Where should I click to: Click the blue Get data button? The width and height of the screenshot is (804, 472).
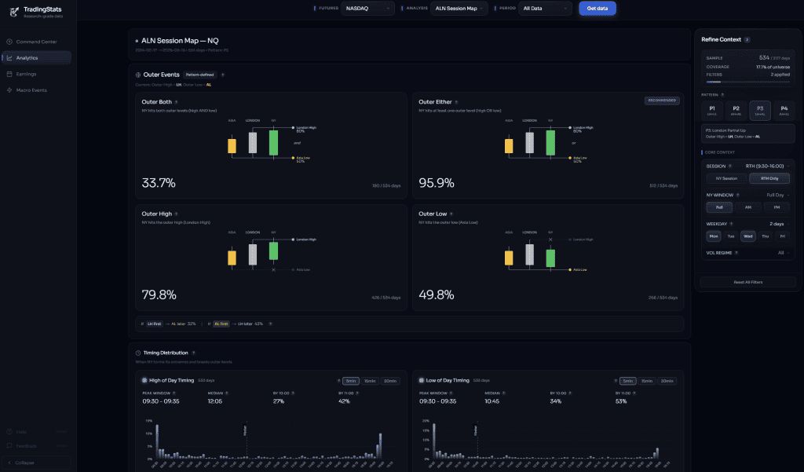597,9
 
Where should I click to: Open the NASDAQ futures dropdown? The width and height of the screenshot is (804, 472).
367,9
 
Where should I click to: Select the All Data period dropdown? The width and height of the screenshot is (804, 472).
545,9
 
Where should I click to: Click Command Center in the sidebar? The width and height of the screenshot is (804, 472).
36,42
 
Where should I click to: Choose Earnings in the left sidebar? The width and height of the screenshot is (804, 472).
26,74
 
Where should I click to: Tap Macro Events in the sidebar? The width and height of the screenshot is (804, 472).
31,90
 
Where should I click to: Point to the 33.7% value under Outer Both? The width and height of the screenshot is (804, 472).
159,183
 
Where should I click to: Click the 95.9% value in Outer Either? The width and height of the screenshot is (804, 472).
436,183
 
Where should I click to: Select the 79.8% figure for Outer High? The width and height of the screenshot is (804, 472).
159,295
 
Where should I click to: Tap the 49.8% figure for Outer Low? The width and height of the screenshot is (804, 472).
436,295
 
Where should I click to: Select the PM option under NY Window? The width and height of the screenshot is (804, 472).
777,207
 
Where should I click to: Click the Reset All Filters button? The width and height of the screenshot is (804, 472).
747,282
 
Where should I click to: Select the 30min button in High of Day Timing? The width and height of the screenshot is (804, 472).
390,381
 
